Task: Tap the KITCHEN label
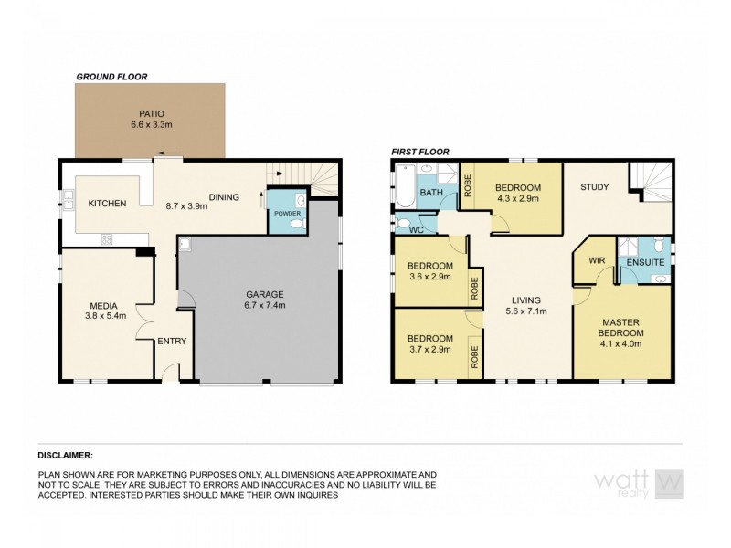[107, 203]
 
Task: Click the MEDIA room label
[101, 305]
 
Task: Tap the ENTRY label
[172, 342]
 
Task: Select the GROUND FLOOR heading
[111, 77]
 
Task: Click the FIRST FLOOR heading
[421, 153]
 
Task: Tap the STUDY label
[595, 188]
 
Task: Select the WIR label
[597, 260]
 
